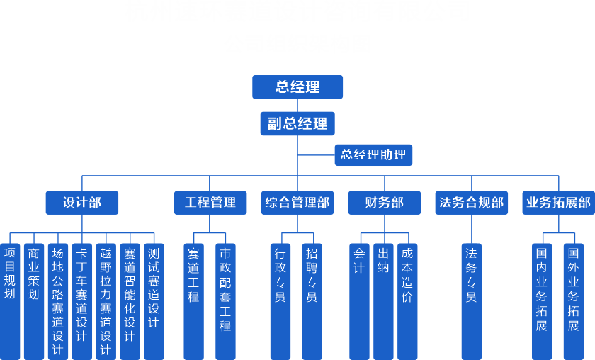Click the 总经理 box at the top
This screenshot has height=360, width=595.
coord(297,87)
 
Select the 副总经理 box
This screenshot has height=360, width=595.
coord(297,124)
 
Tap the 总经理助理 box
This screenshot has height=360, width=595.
coord(373,154)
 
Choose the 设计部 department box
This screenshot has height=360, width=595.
coord(82,203)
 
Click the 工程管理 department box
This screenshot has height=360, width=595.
coord(210,203)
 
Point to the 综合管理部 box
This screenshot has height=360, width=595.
coord(297,203)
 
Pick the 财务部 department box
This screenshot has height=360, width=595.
coord(385,203)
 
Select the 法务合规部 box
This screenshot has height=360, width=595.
coord(472,203)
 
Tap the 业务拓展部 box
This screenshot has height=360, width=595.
coord(558,203)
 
